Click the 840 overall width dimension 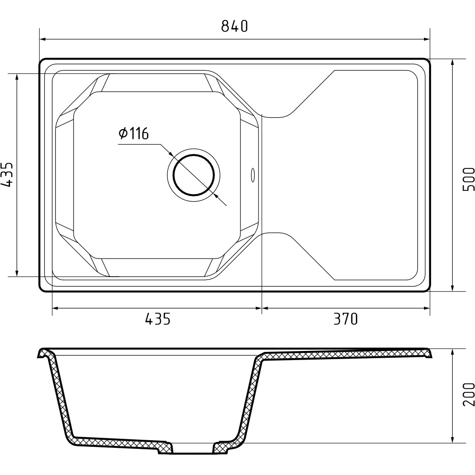point(235,26)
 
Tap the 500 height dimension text point(468,179)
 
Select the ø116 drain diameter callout point(134,133)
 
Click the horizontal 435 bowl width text point(158,319)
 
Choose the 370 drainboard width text point(346,319)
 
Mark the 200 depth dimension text point(468,394)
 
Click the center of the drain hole point(194,175)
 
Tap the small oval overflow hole point(253,175)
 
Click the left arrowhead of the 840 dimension point(43,39)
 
